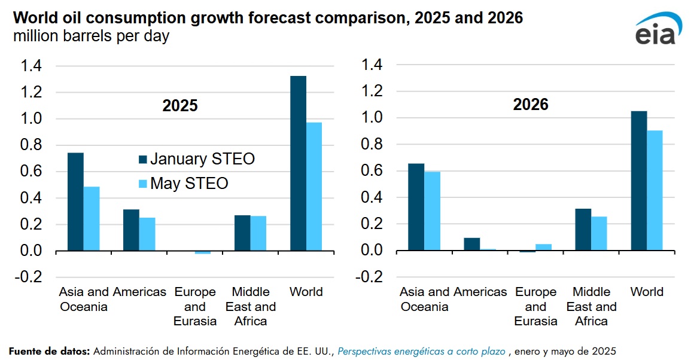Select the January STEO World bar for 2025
point(298,163)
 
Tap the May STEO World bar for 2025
point(314,187)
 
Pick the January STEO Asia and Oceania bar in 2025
point(75,202)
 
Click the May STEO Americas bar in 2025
point(147,234)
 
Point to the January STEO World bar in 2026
point(639,181)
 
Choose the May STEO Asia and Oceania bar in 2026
point(433,211)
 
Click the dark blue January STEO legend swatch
point(143,159)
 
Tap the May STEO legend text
point(189,183)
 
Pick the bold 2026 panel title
point(531,105)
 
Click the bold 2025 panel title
point(179,106)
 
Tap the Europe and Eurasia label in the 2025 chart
point(195,306)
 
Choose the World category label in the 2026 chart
point(647,292)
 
